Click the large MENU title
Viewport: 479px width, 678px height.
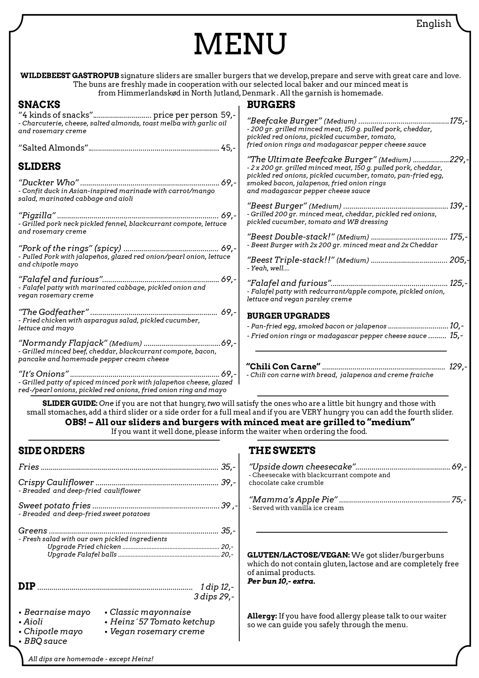(x=240, y=44)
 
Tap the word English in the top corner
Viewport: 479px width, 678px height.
(x=433, y=24)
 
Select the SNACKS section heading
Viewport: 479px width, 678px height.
(x=39, y=105)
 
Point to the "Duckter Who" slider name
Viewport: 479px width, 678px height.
(x=49, y=182)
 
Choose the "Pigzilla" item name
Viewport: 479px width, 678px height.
(x=37, y=215)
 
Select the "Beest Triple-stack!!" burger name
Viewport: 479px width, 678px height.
(x=291, y=260)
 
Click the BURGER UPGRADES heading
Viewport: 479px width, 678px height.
(x=288, y=316)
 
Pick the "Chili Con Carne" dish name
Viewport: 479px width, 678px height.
(x=283, y=367)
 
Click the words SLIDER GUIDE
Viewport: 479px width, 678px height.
(x=70, y=403)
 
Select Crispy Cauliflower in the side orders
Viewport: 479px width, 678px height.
(x=56, y=482)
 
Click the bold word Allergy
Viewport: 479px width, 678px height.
(x=262, y=616)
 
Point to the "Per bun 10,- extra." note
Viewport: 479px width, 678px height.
(x=281, y=581)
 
